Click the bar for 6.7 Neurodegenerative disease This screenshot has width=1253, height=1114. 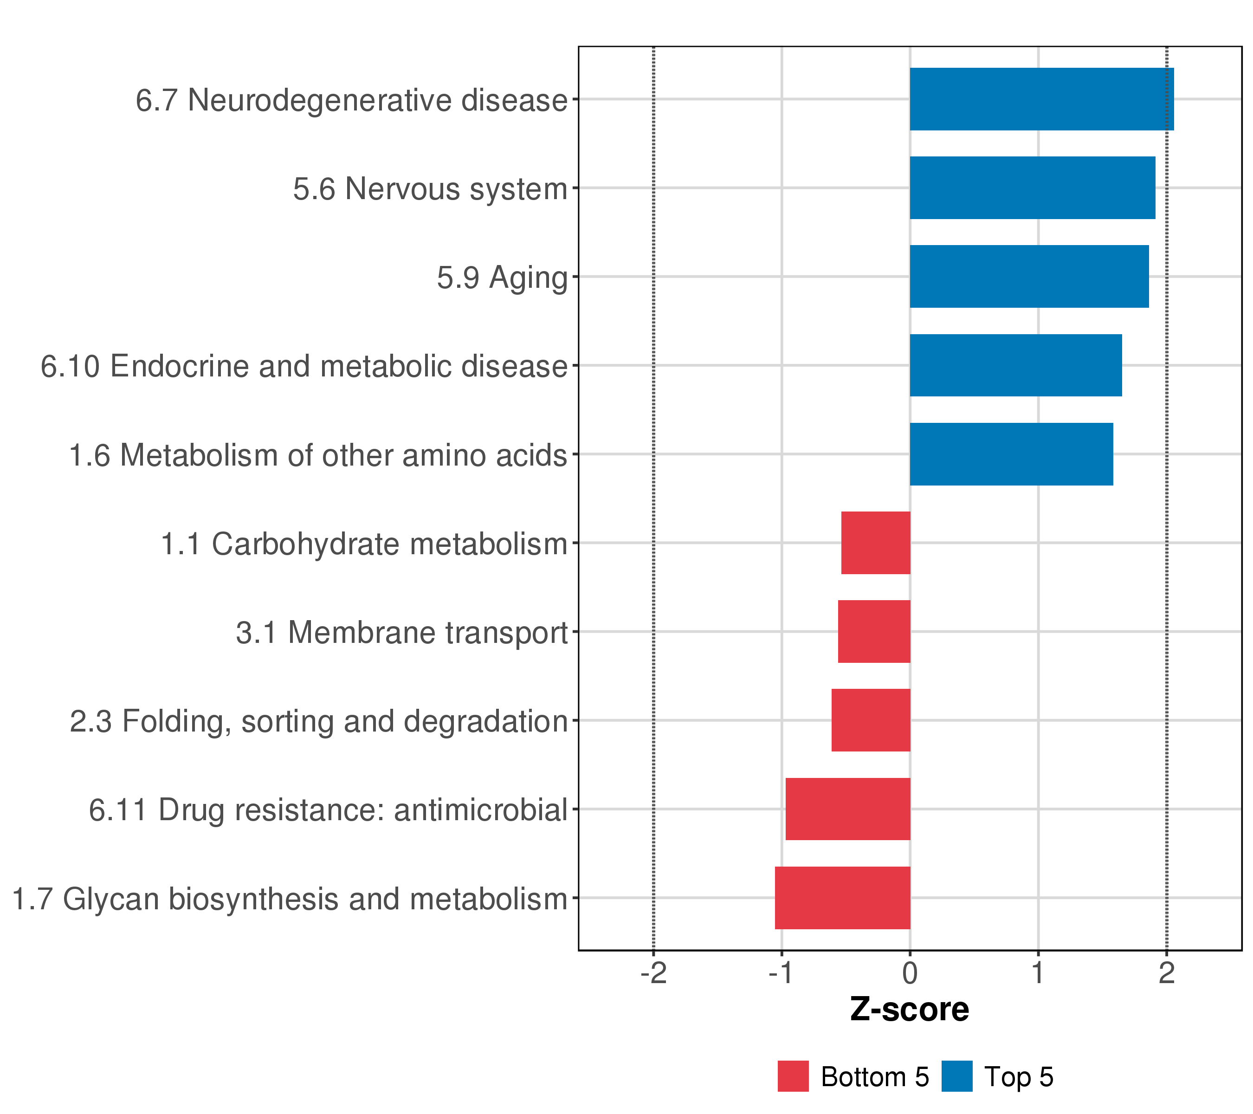1041,99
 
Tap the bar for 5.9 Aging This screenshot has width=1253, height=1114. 1029,277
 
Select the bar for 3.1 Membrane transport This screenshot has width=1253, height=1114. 874,631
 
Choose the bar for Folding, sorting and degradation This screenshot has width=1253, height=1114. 871,720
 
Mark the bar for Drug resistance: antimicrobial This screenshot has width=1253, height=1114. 848,810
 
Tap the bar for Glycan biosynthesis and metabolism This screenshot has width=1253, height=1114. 842,898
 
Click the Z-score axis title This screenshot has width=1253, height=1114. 910,1010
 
